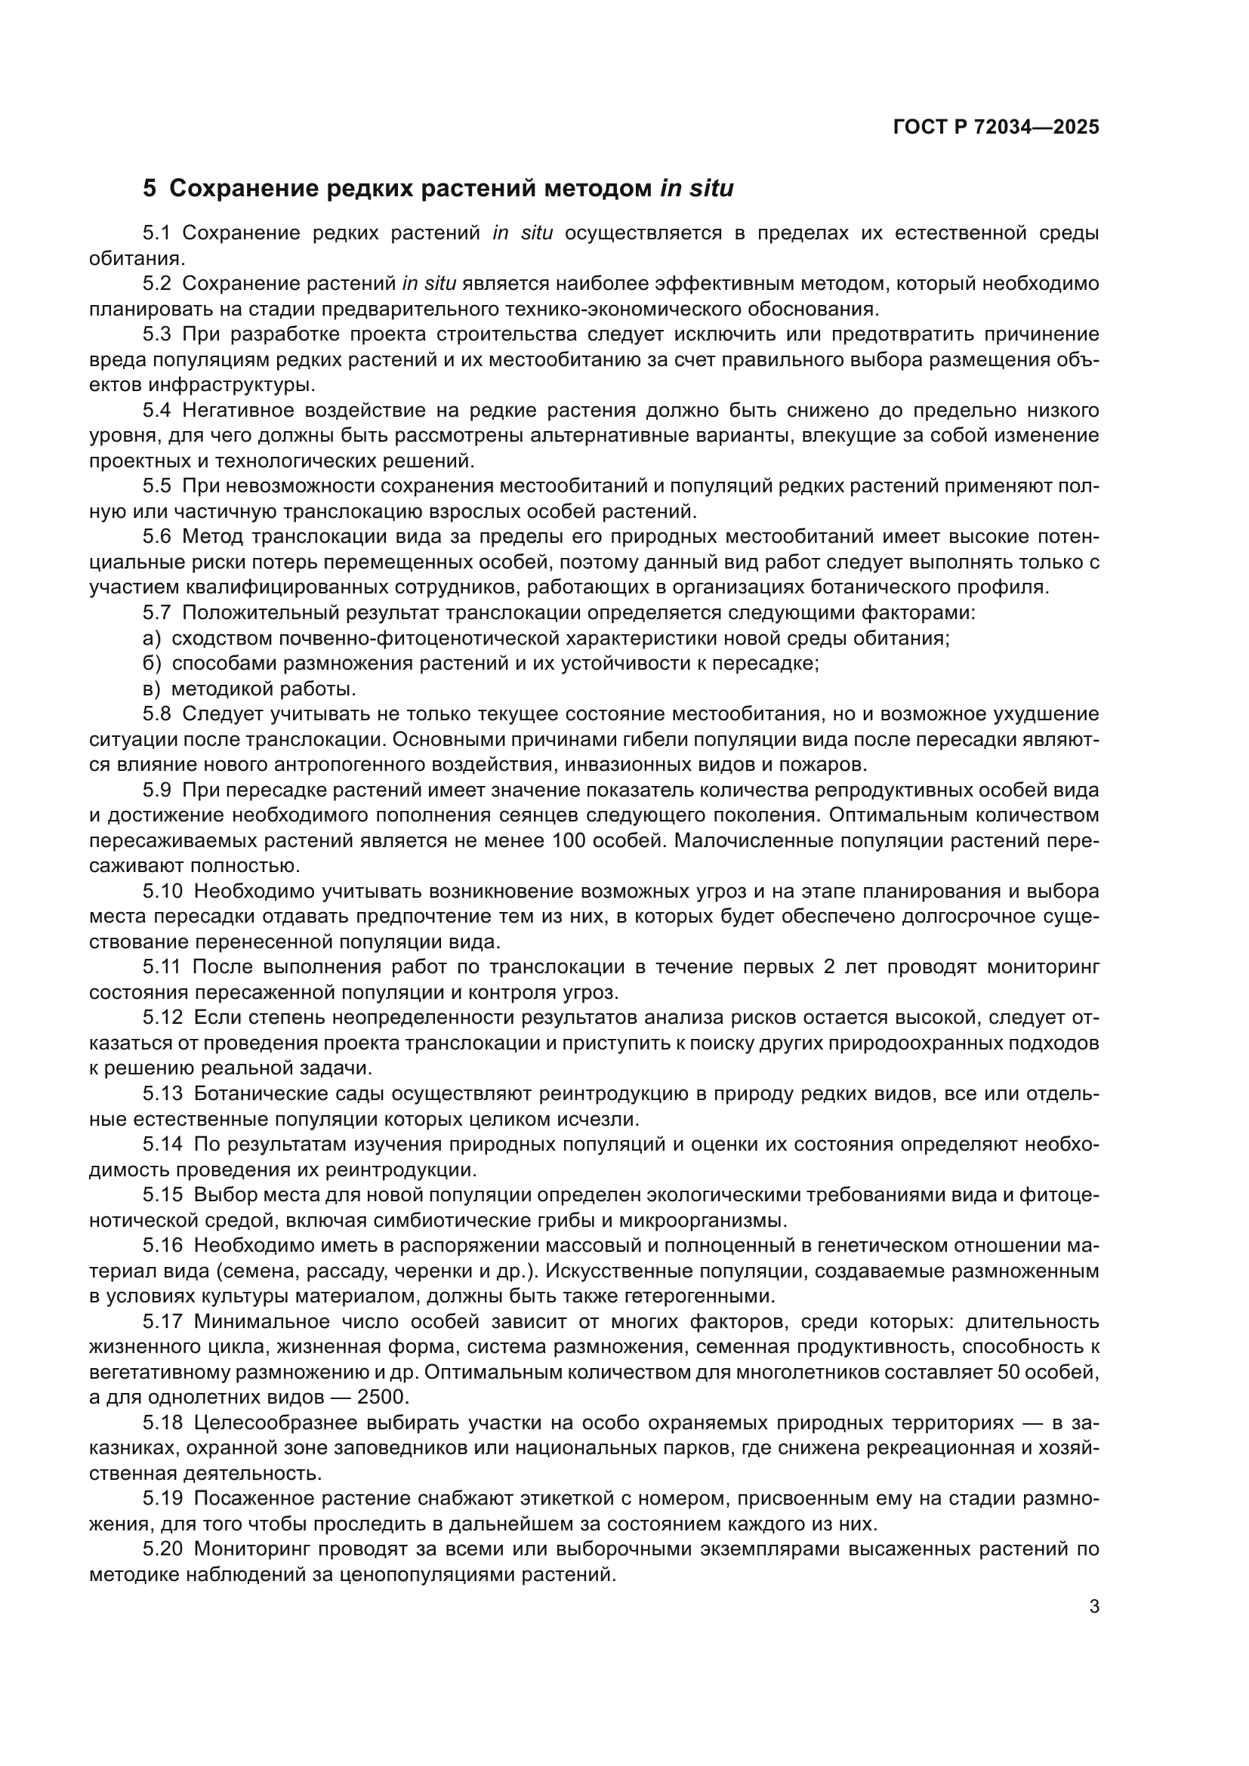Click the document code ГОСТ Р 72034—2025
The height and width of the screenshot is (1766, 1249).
click(996, 128)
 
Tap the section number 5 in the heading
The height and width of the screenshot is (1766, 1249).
click(150, 189)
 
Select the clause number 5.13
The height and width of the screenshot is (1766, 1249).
click(162, 1094)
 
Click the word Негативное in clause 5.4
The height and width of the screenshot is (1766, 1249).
click(245, 410)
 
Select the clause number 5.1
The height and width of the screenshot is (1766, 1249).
click(157, 233)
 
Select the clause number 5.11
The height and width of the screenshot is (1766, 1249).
click(162, 967)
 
